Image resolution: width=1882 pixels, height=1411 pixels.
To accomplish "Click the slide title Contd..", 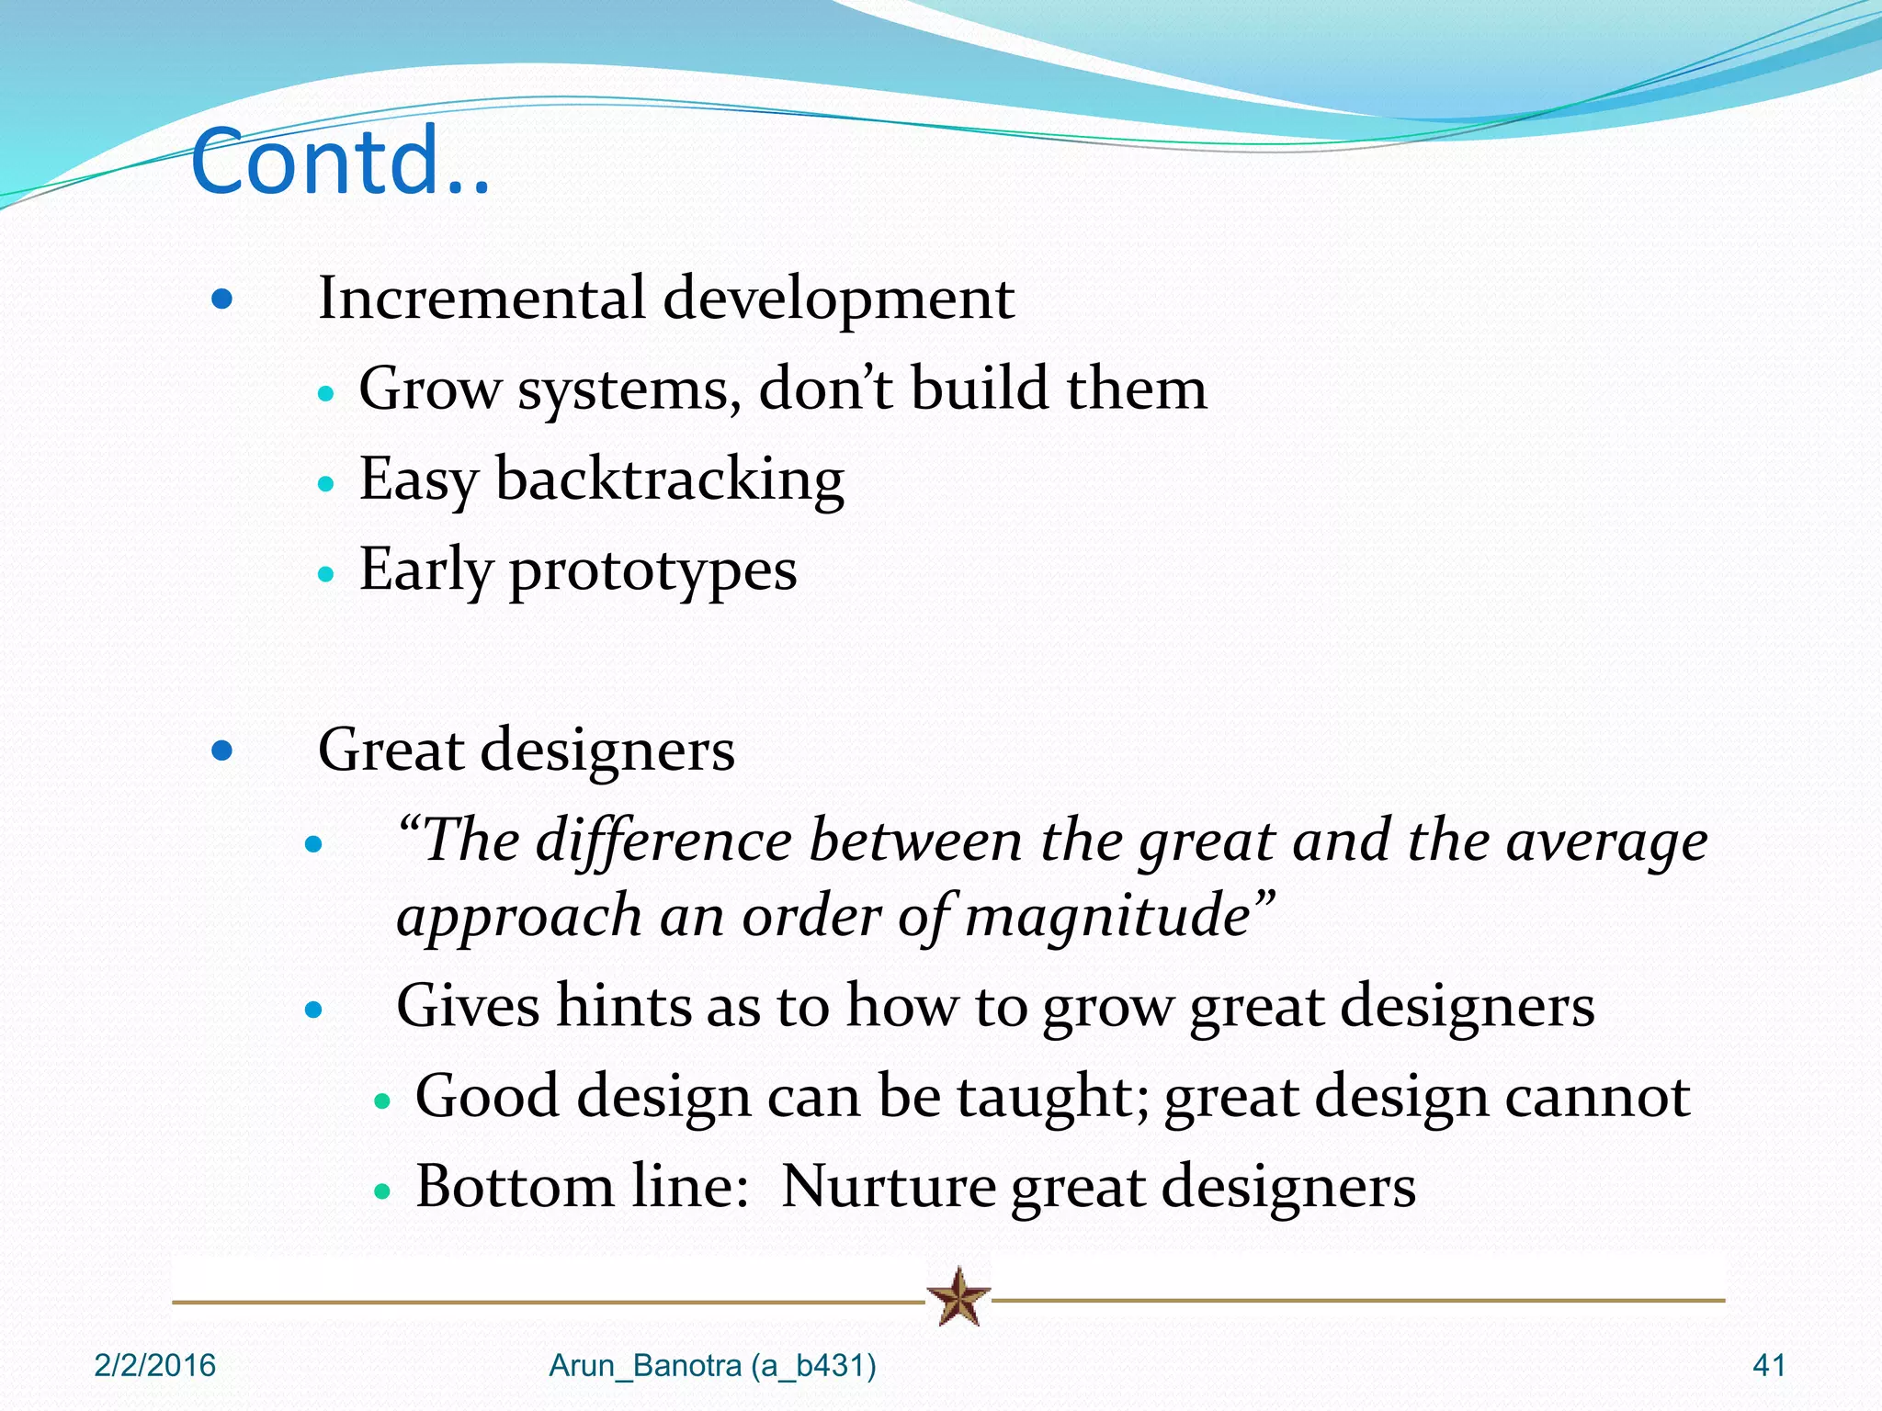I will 340,163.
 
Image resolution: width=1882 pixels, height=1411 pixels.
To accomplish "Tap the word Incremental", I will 482,299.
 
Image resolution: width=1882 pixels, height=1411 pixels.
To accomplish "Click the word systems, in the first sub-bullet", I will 629,389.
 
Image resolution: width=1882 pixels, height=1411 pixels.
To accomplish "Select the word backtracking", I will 669,480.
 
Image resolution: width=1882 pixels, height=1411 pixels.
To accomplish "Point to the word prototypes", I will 652,570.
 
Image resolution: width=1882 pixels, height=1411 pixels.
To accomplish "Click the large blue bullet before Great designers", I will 221,751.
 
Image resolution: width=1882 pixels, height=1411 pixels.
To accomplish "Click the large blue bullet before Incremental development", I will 221,299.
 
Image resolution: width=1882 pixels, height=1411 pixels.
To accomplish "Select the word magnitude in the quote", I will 1107,916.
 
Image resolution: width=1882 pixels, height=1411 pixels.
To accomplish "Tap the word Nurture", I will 888,1187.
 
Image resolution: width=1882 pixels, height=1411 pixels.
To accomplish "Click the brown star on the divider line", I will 958,1297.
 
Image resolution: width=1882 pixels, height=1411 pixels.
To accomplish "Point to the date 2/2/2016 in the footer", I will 154,1366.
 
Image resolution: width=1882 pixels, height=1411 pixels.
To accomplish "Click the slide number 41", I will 1769,1366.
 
